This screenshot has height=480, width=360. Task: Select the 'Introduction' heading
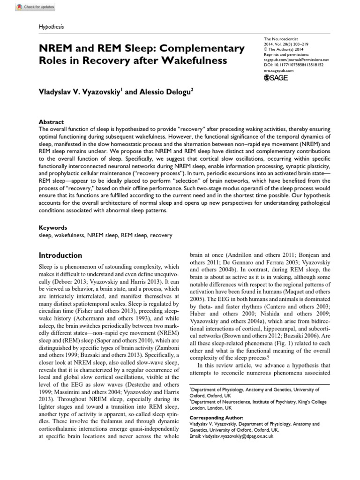pos(60,255)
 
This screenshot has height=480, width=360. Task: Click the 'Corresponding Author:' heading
pos(216,417)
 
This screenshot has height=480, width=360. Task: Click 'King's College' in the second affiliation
pos(305,402)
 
